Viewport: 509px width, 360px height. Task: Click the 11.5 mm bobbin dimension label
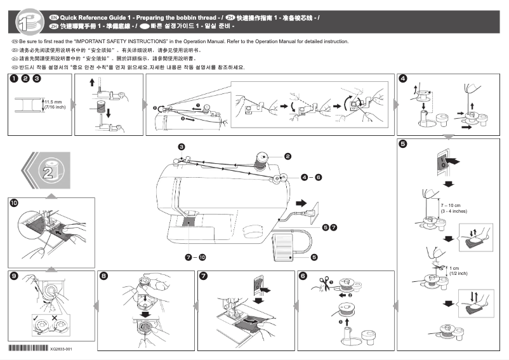click(x=53, y=103)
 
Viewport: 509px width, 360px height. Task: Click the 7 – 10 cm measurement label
click(x=449, y=208)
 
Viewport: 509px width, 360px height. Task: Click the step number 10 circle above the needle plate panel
click(x=14, y=203)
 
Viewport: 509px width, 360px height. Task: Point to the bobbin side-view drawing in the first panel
click(x=29, y=103)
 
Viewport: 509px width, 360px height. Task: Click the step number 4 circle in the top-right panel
click(x=403, y=79)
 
